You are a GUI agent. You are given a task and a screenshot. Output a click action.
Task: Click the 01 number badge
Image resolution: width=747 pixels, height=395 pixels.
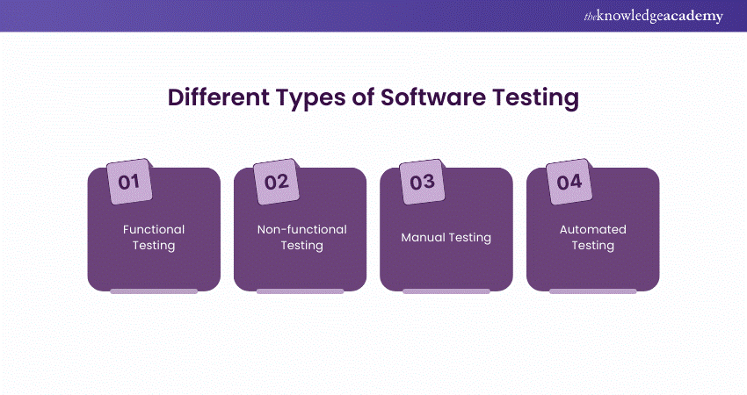(129, 182)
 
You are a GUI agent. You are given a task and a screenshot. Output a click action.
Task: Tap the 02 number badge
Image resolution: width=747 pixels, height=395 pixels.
(276, 182)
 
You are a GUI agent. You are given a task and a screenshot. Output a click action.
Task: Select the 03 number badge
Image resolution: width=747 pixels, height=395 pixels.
(422, 182)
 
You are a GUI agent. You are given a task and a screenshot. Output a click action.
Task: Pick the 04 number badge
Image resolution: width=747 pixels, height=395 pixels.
(569, 182)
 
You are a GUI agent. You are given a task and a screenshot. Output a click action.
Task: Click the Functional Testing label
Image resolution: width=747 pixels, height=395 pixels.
(154, 237)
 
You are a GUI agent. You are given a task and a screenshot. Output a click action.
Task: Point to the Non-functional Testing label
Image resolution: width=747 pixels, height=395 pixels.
(302, 237)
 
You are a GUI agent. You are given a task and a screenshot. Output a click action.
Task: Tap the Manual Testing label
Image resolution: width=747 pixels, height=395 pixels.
(446, 237)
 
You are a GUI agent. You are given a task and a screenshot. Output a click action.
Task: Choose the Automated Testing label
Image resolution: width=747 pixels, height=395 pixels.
(593, 237)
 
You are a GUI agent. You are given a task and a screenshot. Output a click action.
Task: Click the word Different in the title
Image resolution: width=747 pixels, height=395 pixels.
(219, 97)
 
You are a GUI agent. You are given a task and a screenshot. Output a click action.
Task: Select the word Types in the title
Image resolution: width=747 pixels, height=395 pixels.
(310, 98)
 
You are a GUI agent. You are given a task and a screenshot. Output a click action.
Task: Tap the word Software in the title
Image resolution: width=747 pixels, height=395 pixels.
(433, 97)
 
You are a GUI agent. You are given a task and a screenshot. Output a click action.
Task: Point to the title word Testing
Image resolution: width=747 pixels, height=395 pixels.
(535, 98)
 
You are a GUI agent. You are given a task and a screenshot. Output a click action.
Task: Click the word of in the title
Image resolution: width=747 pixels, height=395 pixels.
(363, 97)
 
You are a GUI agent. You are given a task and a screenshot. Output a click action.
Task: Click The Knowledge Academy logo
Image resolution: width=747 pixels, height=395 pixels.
(653, 16)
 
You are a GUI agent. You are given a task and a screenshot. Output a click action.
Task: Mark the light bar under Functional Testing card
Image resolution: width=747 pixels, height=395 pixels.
(154, 291)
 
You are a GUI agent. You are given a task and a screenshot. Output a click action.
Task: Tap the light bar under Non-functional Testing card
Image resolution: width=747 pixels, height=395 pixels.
(301, 291)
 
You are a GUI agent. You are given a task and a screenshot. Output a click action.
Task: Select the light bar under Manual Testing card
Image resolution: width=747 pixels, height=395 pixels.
(446, 291)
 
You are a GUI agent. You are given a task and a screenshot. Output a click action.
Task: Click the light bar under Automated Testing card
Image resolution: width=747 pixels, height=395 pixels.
(593, 291)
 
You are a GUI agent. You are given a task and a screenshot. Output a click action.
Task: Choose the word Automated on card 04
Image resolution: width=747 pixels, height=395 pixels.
(593, 229)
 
